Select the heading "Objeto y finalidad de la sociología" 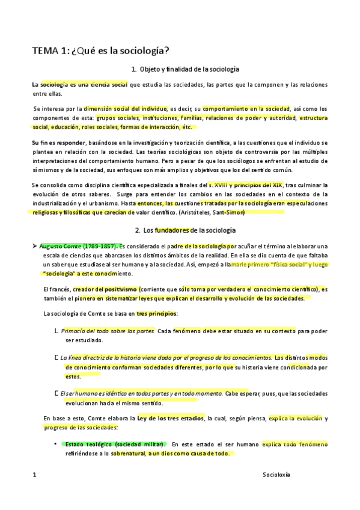tap(185, 70)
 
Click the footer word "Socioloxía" tap(276, 475)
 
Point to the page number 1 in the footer tap(34, 475)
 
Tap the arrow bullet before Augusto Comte tap(35, 246)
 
